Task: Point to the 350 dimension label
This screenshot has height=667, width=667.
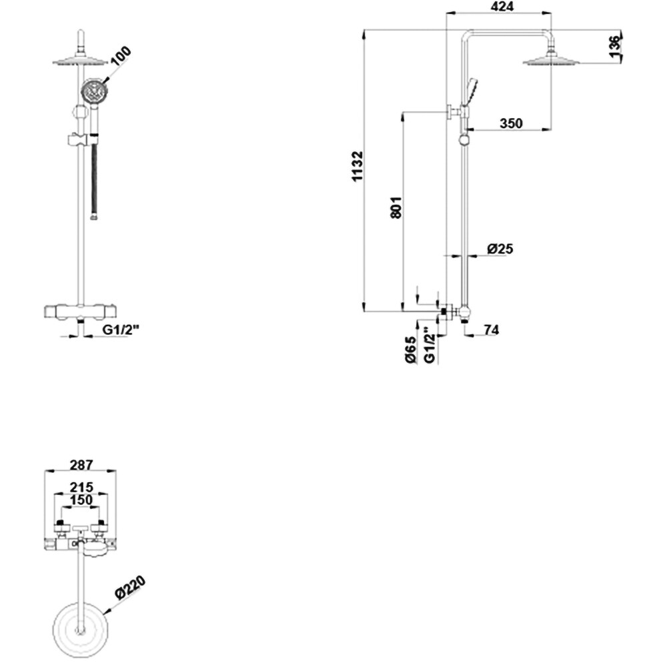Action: pos(511,123)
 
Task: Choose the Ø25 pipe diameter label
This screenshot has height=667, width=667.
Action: pos(500,249)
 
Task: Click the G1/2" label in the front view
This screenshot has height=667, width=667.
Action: pos(120,329)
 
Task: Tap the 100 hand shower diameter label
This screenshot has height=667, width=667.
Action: pos(121,56)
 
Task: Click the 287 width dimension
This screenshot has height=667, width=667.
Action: pos(79,465)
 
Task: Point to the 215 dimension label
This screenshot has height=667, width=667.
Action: pos(80,487)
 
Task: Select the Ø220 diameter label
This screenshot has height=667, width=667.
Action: pos(129,590)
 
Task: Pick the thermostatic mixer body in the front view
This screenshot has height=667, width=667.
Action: pos(81,312)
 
